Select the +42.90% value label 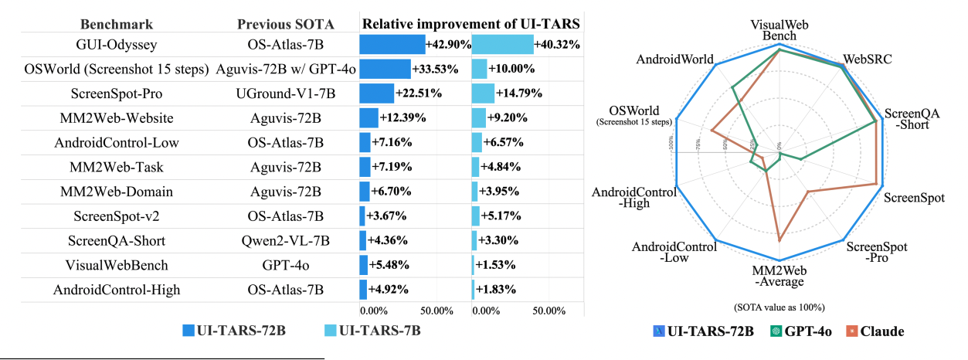[x=448, y=45]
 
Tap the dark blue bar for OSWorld [x=385, y=69]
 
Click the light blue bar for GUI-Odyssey [x=501, y=45]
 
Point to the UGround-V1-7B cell [x=285, y=93]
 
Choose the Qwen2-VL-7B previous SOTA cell [x=285, y=240]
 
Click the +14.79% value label [x=519, y=93]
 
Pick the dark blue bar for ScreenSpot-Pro [x=376, y=93]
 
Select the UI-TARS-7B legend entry [x=370, y=331]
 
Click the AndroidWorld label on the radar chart [x=675, y=59]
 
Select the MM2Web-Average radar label [x=779, y=276]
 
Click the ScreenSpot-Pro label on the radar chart [x=878, y=252]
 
